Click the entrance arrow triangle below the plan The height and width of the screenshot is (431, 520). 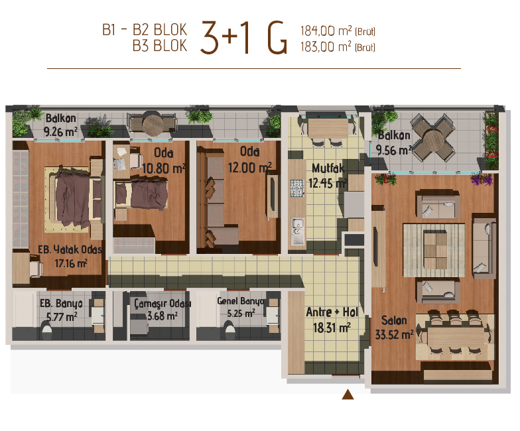(x=348, y=395)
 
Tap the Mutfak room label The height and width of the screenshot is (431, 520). (x=328, y=168)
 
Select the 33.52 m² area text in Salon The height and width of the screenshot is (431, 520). (x=394, y=334)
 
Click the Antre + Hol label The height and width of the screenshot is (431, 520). (x=332, y=312)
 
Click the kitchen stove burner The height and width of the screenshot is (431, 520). (x=297, y=188)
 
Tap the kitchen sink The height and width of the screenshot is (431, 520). (x=297, y=231)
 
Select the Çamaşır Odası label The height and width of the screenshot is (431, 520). (x=162, y=304)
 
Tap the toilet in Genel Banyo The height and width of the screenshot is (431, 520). (x=229, y=332)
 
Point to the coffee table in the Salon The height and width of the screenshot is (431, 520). (x=435, y=251)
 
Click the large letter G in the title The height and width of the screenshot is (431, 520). (x=277, y=37)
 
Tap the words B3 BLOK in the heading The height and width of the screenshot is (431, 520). (x=160, y=46)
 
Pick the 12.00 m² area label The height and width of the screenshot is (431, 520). (x=249, y=167)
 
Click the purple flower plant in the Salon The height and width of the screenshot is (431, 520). (x=482, y=179)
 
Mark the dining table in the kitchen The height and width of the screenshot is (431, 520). (x=328, y=128)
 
